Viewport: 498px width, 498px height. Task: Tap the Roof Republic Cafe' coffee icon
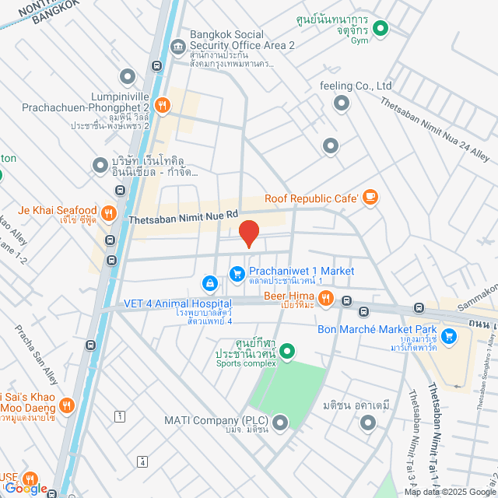click(370, 198)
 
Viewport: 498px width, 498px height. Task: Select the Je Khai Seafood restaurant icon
click(108, 212)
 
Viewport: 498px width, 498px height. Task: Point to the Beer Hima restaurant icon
click(326, 297)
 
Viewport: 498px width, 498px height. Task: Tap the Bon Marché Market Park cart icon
click(448, 336)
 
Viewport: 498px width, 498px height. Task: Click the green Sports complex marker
click(287, 352)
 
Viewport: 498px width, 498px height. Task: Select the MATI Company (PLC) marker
click(279, 423)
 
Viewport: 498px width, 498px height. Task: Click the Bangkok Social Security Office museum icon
click(177, 46)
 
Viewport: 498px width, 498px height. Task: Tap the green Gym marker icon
click(381, 30)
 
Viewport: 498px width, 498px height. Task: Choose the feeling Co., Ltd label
click(356, 86)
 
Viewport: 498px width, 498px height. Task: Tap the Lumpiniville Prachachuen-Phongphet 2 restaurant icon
click(162, 105)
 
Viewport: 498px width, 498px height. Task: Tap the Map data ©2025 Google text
click(450, 492)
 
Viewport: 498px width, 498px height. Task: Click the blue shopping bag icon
click(209, 282)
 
